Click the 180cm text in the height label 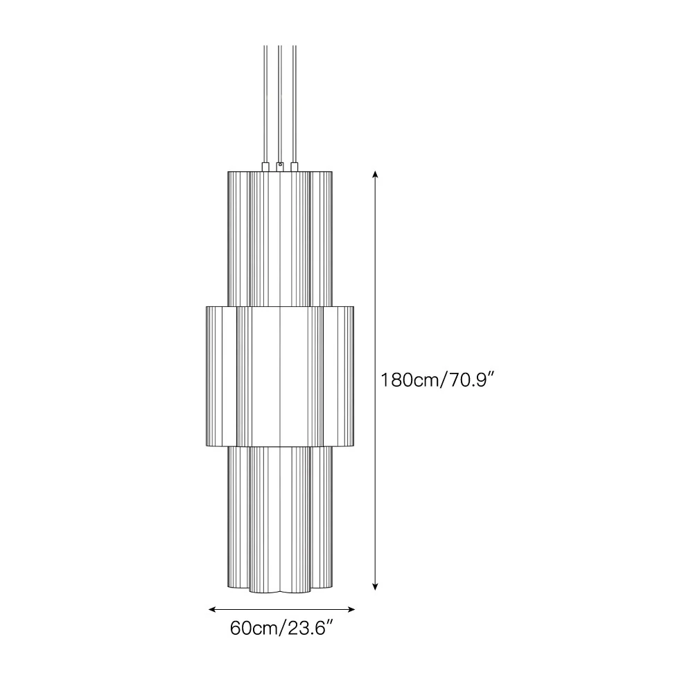[410, 380]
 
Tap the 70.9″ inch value [468, 380]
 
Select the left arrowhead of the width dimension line [211, 609]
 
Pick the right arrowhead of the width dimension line [352, 609]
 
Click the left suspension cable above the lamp [265, 104]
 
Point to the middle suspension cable [279, 104]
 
